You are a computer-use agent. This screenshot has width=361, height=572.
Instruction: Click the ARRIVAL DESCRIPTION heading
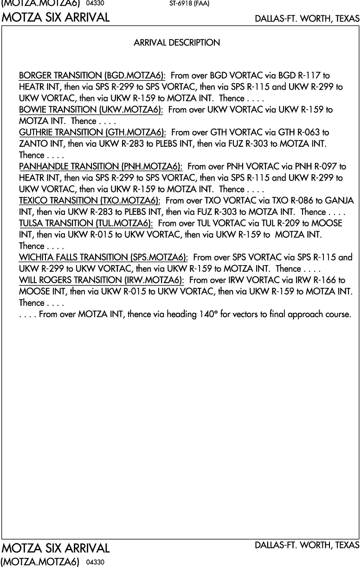click(x=177, y=43)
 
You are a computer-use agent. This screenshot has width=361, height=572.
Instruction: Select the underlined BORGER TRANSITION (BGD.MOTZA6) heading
click(x=92, y=75)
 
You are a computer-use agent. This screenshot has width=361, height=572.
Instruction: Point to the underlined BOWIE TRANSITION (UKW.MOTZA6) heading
click(x=91, y=110)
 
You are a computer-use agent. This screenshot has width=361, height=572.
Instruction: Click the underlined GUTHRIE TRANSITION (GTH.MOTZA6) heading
click(x=92, y=132)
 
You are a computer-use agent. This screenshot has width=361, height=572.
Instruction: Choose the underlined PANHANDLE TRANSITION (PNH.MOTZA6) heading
click(x=100, y=166)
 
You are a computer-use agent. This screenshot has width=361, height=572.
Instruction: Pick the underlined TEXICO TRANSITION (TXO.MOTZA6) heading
click(x=90, y=201)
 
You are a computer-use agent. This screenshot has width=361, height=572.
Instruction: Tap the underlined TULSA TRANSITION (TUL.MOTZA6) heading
click(x=86, y=223)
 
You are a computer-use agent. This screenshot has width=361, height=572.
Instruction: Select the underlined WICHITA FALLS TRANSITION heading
click(x=103, y=257)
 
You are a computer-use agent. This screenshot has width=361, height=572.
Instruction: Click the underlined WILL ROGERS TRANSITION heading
click(x=101, y=280)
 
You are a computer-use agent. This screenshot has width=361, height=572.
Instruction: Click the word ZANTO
click(x=31, y=143)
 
